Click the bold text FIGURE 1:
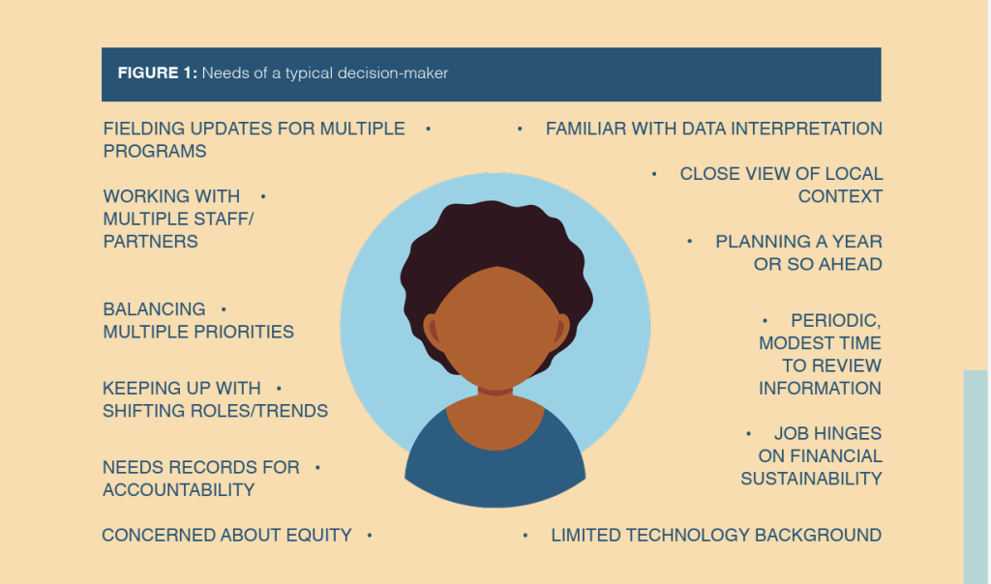click(157, 73)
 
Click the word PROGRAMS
click(155, 151)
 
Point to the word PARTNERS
click(150, 241)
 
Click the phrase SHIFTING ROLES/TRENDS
click(215, 411)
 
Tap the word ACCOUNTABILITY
click(179, 489)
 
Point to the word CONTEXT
click(840, 196)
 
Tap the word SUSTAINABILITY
click(811, 479)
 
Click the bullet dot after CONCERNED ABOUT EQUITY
click(370, 535)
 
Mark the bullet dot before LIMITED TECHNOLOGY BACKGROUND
click(525, 535)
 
